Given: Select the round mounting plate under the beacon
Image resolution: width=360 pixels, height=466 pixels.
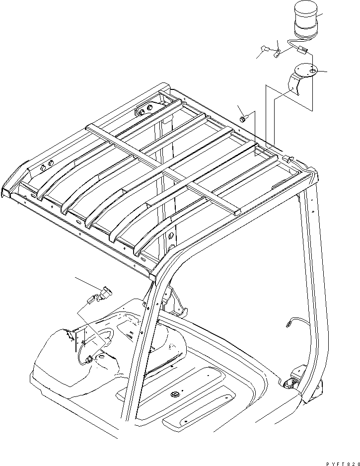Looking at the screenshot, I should [305, 71].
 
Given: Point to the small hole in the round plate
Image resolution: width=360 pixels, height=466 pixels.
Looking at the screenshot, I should [311, 72].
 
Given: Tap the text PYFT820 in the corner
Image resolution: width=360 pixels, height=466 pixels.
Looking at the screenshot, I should [340, 462].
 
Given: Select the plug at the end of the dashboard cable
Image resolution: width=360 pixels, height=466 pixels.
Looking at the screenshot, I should [89, 359].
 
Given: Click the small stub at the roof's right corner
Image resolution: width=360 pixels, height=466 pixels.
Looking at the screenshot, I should [287, 158].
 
